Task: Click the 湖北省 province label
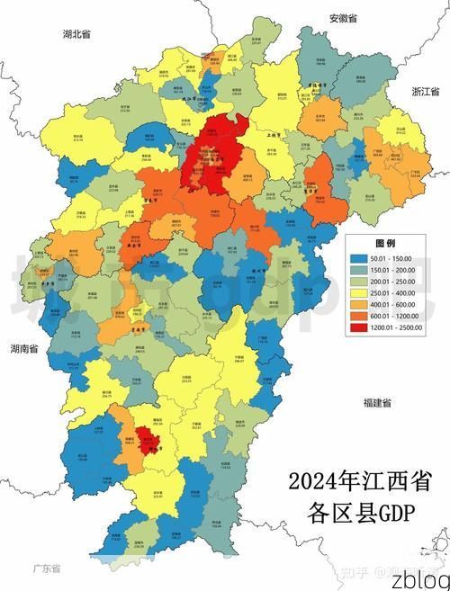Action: tap(76, 33)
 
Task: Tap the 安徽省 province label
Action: tap(343, 18)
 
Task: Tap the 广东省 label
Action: tap(46, 569)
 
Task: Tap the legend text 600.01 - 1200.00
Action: tap(401, 316)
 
